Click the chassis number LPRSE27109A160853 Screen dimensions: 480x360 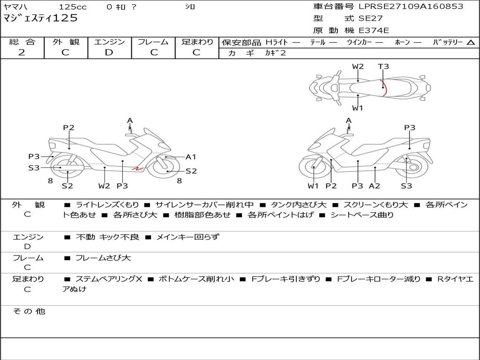point(411,6)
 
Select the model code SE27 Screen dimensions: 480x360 point(370,18)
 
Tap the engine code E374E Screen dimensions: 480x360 point(374,30)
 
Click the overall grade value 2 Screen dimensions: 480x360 point(22,52)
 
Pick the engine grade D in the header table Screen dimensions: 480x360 point(109,52)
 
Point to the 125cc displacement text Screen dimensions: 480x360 point(73,7)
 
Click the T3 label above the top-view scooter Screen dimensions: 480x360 point(383,67)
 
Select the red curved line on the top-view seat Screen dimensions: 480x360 point(385,88)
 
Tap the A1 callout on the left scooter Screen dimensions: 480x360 point(191,157)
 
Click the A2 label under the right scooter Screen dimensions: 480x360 point(375,186)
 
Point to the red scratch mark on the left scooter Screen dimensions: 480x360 point(137,168)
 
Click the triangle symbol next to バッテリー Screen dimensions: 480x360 point(471,42)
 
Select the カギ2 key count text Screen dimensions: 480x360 point(275,53)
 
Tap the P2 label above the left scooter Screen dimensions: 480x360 point(68,127)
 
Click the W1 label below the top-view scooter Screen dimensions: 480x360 point(357,108)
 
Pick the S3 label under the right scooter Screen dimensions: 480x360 point(406,186)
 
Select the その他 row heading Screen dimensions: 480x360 point(29,311)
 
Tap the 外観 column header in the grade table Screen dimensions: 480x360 point(66,42)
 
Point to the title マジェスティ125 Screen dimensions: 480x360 point(40,18)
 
